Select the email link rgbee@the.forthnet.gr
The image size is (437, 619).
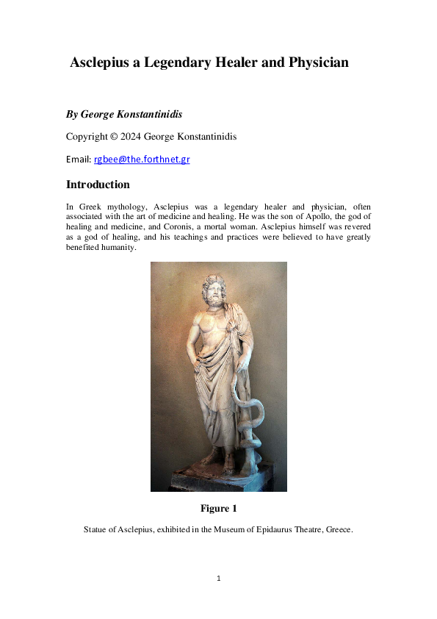141,160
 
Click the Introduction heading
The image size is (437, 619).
98,185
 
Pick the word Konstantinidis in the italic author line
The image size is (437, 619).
147,115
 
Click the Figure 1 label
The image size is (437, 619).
218,509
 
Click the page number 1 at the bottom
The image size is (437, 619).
219,579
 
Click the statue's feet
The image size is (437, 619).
220,463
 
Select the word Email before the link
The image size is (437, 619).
78,160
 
